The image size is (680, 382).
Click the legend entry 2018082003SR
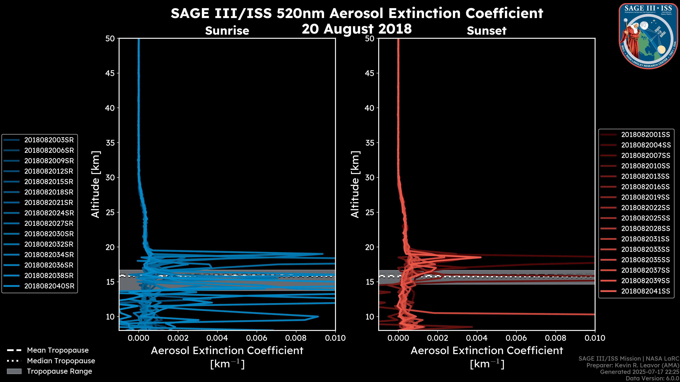49,140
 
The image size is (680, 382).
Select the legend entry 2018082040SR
49,286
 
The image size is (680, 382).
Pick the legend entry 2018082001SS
645,135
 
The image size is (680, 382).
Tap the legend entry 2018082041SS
645,291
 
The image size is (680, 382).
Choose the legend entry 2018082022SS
645,208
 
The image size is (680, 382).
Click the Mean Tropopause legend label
58,350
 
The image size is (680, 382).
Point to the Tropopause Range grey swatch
14,371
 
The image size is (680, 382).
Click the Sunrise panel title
227,31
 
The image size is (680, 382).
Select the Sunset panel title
486,31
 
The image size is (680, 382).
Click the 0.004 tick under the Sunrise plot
217,338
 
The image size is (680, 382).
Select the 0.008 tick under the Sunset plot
556,338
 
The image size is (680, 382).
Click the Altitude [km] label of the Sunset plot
355,184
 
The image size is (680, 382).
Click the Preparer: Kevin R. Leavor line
633,365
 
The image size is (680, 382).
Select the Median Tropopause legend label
61,361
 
